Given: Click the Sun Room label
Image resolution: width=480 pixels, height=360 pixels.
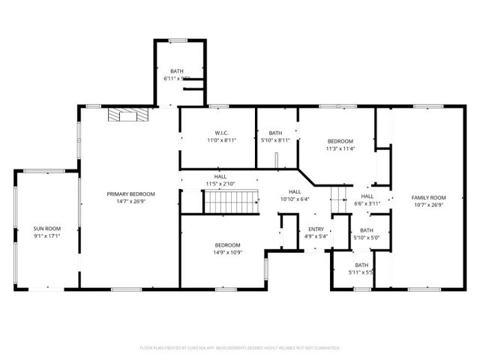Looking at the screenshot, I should (46, 228).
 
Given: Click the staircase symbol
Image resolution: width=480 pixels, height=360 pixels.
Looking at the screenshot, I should (231, 201).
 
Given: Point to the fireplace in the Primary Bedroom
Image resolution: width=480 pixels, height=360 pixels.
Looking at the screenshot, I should (127, 114).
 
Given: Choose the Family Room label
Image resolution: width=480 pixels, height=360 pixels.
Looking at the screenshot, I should (428, 197).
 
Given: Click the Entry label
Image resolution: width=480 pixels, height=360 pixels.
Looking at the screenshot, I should (315, 229).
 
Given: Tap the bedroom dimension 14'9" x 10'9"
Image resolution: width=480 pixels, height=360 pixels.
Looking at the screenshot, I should (227, 253).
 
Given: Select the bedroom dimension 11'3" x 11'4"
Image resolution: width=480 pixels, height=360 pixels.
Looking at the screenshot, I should (340, 148).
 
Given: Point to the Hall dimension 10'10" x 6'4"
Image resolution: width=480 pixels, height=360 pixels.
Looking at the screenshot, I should (295, 199).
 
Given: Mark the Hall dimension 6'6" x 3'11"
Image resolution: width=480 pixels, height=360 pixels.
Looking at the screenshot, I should (367, 203).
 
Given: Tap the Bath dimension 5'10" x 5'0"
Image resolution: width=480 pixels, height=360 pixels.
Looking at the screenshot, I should (366, 238).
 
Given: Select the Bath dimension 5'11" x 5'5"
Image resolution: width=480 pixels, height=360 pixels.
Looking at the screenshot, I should (361, 272).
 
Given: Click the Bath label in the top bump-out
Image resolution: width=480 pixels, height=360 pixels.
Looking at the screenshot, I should (176, 71).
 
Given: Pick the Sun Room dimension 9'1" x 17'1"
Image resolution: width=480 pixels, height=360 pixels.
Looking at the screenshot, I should (46, 235).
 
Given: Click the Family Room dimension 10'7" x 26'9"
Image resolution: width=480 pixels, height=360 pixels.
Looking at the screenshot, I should (428, 205).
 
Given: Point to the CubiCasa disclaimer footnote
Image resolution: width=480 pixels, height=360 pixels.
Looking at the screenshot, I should (240, 348).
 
